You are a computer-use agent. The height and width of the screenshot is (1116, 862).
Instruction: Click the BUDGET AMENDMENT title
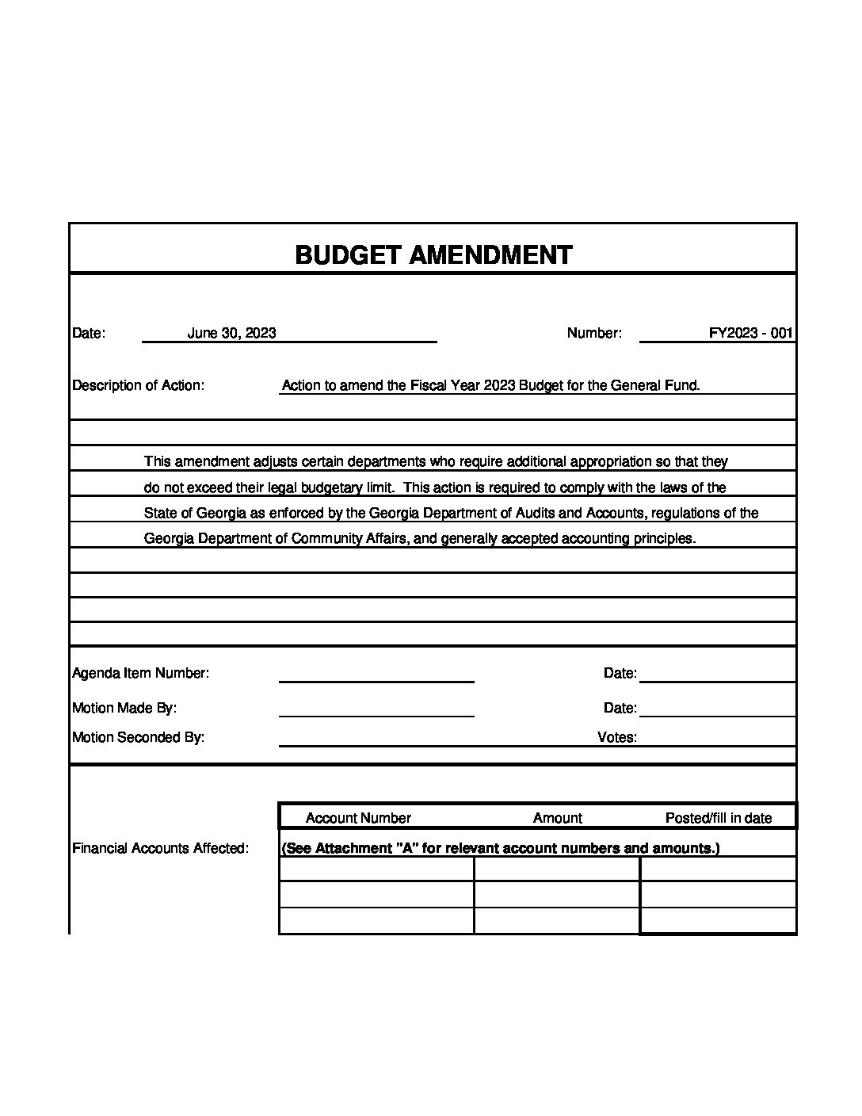tap(433, 254)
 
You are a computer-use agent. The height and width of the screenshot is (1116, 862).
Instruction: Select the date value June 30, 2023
tap(231, 333)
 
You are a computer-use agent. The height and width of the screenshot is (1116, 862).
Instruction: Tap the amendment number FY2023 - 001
tap(750, 333)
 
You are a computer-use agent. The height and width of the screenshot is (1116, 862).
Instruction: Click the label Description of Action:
tap(138, 385)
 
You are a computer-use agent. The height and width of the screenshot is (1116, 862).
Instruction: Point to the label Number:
tap(594, 333)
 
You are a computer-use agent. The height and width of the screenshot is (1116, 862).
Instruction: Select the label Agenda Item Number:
tap(140, 673)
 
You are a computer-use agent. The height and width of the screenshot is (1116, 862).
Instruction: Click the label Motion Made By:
tap(124, 708)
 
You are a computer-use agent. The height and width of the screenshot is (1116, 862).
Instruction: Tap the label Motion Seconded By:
tap(138, 737)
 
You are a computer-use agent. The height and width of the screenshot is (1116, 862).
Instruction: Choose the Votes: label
tap(616, 737)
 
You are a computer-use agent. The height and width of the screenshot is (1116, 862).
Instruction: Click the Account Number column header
tap(358, 818)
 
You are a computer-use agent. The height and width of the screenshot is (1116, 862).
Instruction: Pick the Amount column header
tap(557, 818)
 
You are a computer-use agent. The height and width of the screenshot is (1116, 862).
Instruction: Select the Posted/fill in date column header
tap(718, 818)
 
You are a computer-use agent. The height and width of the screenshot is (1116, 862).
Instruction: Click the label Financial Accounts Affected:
tap(160, 848)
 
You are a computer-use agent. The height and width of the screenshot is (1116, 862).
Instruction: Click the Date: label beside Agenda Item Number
tap(620, 673)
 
